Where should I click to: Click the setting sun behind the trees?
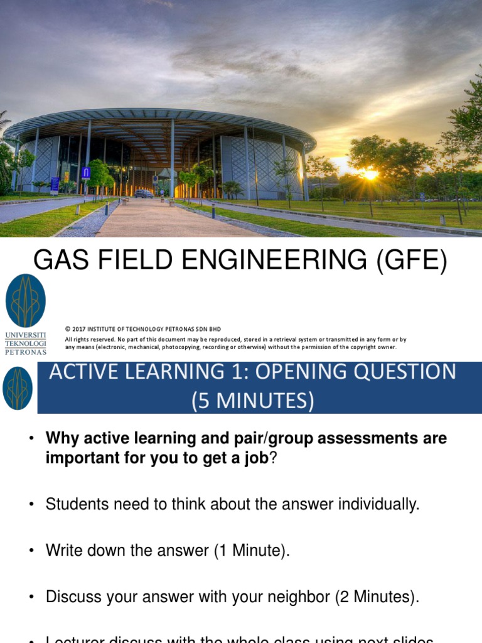370,175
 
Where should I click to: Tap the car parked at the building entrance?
144,194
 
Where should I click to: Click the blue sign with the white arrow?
86,173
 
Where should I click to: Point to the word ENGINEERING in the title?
278,259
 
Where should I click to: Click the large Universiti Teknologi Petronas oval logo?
26,300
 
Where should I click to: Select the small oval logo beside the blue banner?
18,388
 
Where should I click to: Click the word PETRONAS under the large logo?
26,352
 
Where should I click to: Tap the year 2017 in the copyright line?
78,329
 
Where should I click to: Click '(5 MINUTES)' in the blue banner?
253,400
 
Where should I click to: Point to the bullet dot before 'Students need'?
30,504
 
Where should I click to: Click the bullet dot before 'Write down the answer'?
30,551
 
